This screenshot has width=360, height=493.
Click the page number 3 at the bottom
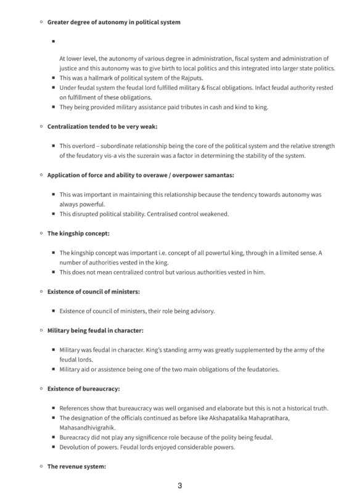pyautogui.click(x=179, y=486)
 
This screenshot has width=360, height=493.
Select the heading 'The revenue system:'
pyautogui.click(x=77, y=467)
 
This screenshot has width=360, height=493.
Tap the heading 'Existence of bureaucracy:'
pyautogui.click(x=83, y=389)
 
